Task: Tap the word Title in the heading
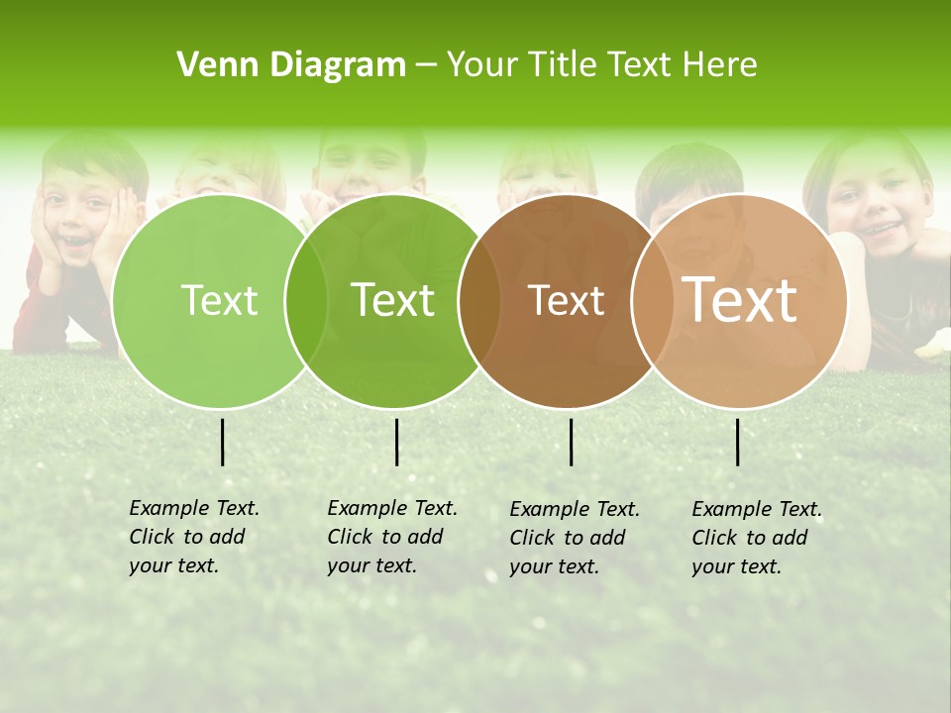click(x=566, y=65)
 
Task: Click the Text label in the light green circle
click(x=219, y=300)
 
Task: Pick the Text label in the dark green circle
click(x=393, y=300)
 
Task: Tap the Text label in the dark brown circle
click(x=566, y=300)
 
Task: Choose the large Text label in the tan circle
click(x=740, y=300)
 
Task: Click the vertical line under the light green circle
click(x=222, y=442)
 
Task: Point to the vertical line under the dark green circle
click(x=396, y=442)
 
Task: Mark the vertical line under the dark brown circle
click(x=571, y=442)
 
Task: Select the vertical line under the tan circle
click(x=737, y=442)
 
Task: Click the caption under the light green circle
click(x=193, y=537)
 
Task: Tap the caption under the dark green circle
click(x=391, y=537)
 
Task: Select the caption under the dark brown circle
click(x=574, y=538)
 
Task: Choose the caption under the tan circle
click(x=756, y=538)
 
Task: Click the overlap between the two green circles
click(x=307, y=300)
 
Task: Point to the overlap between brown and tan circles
click(x=648, y=300)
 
